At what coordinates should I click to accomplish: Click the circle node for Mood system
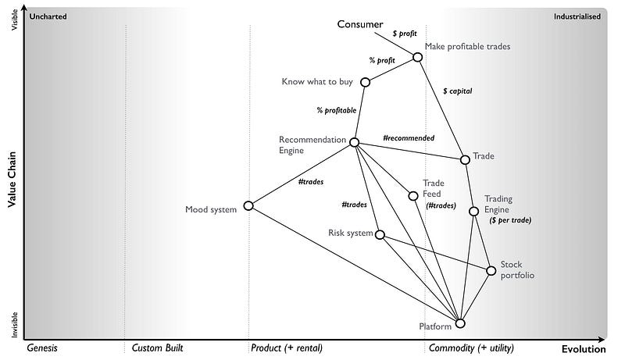(x=248, y=206)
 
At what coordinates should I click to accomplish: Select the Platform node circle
(x=460, y=323)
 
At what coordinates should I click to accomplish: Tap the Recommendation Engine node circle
(x=354, y=142)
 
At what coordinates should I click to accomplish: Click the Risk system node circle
(x=380, y=234)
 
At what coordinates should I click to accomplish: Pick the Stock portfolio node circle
(x=491, y=271)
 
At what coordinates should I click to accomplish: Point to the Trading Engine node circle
(x=473, y=211)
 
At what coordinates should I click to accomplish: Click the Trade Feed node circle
(x=413, y=196)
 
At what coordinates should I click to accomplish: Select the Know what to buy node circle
(x=365, y=82)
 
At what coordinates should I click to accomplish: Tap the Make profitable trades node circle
(x=417, y=56)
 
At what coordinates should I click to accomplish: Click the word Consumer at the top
(x=360, y=24)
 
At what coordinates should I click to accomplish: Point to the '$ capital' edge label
(x=457, y=91)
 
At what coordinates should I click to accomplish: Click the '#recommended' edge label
(x=409, y=138)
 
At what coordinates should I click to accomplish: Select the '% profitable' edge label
(x=337, y=110)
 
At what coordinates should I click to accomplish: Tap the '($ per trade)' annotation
(x=510, y=221)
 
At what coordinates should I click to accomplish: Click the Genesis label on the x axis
(x=42, y=348)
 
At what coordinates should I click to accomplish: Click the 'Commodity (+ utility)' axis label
(x=472, y=348)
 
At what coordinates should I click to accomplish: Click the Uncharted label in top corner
(x=48, y=16)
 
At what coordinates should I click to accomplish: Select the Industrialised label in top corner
(x=577, y=16)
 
